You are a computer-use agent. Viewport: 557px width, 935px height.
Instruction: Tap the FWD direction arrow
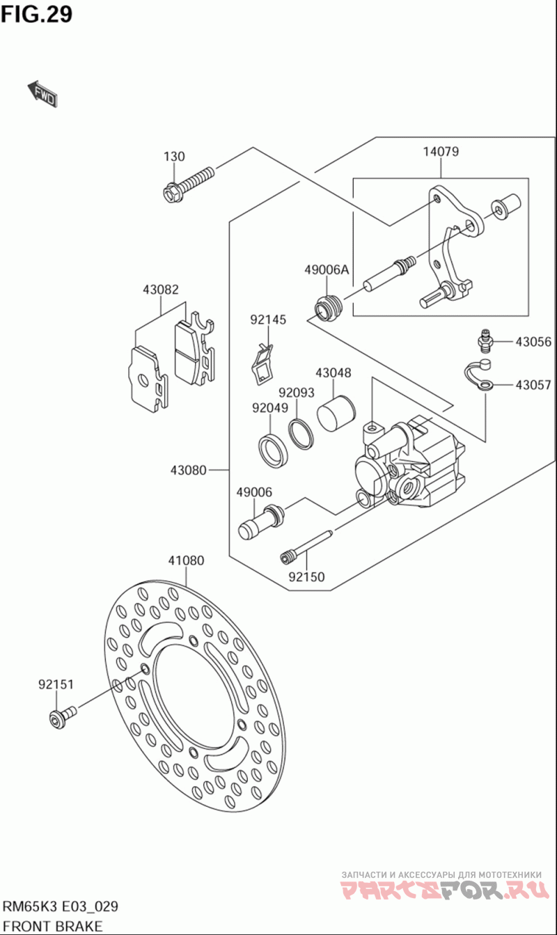click(x=42, y=95)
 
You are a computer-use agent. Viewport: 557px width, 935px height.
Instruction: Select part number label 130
click(x=174, y=157)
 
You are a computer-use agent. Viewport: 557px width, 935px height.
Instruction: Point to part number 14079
click(x=441, y=152)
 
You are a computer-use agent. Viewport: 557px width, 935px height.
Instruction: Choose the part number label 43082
click(x=161, y=289)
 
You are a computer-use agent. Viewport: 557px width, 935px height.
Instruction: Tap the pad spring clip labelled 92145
click(x=261, y=363)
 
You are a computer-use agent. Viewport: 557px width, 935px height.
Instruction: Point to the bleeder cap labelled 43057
click(x=479, y=376)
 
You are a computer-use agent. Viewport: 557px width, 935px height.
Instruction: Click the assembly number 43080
click(x=188, y=470)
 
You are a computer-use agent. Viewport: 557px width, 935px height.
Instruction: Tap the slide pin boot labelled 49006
click(x=260, y=523)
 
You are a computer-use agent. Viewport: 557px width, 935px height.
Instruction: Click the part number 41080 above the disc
click(x=186, y=560)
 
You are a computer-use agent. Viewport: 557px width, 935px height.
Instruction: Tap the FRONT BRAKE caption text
click(x=53, y=926)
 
